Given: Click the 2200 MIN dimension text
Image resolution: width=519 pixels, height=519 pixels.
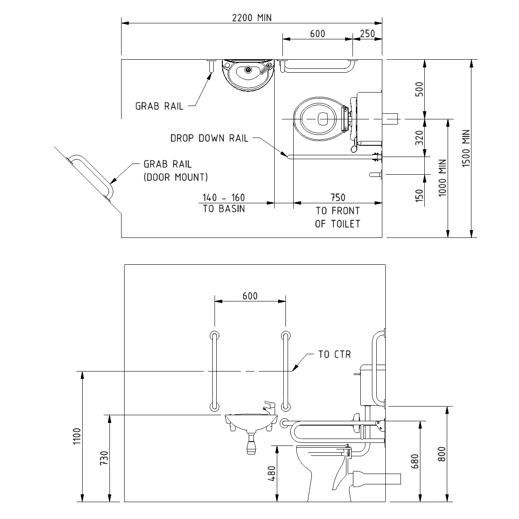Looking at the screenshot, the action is (x=252, y=18).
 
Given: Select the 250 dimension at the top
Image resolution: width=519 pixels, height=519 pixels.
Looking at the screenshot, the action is (x=367, y=34).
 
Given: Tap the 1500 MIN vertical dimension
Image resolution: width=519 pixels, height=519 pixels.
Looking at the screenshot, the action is (x=466, y=148).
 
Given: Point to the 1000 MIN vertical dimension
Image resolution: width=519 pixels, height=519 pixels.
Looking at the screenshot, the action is (x=442, y=178).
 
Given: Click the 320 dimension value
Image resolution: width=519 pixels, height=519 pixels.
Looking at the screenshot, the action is (x=419, y=138).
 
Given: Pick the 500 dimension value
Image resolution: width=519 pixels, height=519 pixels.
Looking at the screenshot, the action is (x=419, y=89).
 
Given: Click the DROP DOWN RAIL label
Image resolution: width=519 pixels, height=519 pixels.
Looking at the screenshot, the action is (x=209, y=138).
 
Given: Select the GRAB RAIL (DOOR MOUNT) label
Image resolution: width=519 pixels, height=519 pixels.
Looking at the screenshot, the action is (x=176, y=170).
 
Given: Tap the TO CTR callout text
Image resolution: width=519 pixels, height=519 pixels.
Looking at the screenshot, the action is (x=334, y=355).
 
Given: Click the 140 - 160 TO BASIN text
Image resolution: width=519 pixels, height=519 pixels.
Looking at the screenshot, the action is (x=224, y=203).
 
